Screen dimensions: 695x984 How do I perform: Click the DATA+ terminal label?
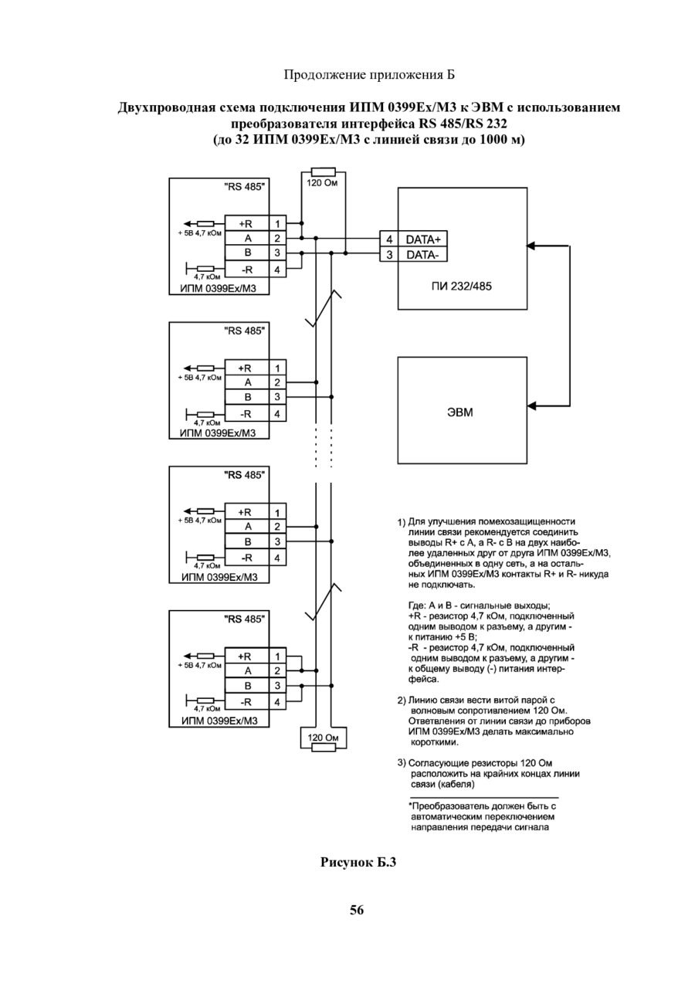click(422, 239)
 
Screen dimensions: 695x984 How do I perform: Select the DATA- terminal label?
click(422, 255)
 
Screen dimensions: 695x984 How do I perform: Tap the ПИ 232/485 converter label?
click(461, 287)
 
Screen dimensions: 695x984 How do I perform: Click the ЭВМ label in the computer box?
click(459, 412)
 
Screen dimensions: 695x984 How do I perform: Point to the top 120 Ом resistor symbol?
click(323, 171)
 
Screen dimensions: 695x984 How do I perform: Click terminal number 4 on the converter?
click(388, 239)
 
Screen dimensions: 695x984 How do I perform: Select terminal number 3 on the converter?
click(388, 255)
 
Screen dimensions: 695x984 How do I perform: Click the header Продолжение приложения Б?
click(369, 75)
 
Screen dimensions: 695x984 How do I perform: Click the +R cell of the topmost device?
click(246, 223)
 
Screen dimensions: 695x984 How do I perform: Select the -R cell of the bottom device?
click(246, 702)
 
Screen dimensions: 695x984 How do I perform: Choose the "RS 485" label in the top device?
click(245, 187)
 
